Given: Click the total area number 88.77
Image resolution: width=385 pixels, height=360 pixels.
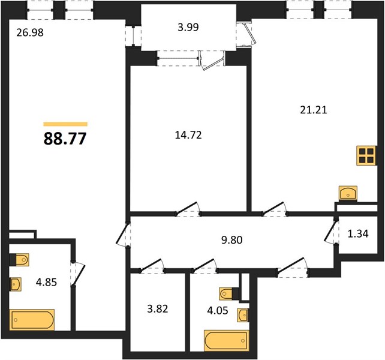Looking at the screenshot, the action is (x=65, y=139).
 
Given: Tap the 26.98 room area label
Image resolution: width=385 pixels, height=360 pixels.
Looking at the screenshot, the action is (x=30, y=32).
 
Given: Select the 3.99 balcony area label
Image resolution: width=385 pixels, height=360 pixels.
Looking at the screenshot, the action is (x=188, y=27).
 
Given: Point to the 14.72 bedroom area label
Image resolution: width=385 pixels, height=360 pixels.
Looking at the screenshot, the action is (x=188, y=135).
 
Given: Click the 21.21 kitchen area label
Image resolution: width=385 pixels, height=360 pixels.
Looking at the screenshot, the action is (x=314, y=110).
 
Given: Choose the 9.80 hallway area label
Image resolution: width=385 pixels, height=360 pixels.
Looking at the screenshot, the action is (x=232, y=240).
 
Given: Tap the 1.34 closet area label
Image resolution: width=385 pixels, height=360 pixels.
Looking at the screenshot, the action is (x=358, y=233).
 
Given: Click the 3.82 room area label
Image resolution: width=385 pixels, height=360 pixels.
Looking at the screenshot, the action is (x=158, y=308).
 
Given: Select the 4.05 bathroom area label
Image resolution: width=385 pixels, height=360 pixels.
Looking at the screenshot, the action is (x=218, y=311).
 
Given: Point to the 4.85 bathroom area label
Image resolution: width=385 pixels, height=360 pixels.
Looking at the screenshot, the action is (x=46, y=282).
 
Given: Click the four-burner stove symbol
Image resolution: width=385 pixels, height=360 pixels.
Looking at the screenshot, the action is (x=366, y=155).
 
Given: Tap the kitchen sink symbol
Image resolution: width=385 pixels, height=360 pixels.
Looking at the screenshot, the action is (x=348, y=193).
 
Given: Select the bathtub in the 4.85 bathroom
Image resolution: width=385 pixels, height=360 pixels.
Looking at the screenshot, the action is (x=32, y=320).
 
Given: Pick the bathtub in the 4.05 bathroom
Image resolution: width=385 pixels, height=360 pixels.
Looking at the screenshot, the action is (x=227, y=341).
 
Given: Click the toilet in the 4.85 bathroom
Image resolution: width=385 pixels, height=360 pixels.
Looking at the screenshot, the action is (x=19, y=259).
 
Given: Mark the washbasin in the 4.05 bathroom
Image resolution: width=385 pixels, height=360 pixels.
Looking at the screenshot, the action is (x=243, y=314).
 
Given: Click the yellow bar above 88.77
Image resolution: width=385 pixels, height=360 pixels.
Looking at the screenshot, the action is (x=65, y=124).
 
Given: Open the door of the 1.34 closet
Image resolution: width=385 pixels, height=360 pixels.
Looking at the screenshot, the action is (x=331, y=232).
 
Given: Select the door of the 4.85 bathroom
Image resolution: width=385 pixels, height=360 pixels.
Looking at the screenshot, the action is (x=79, y=274).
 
